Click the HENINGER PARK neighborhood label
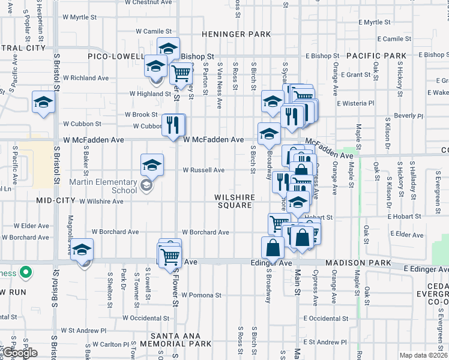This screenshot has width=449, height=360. (x=236, y=34)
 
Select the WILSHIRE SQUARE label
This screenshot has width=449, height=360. (x=235, y=201)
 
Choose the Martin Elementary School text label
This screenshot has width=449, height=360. (x=103, y=186)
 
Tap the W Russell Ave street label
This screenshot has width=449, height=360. (x=203, y=170)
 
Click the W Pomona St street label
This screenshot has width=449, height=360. (x=202, y=295)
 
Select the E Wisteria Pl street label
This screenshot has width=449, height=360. (x=355, y=103)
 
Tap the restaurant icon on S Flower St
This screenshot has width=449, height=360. (x=173, y=125)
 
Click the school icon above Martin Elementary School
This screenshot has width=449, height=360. (x=152, y=165)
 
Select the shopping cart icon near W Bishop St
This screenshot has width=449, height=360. (x=181, y=73)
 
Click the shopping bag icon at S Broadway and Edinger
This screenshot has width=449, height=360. (x=273, y=247)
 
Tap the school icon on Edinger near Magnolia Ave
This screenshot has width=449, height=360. (x=82, y=251)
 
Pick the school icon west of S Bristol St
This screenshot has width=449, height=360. (x=43, y=103)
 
